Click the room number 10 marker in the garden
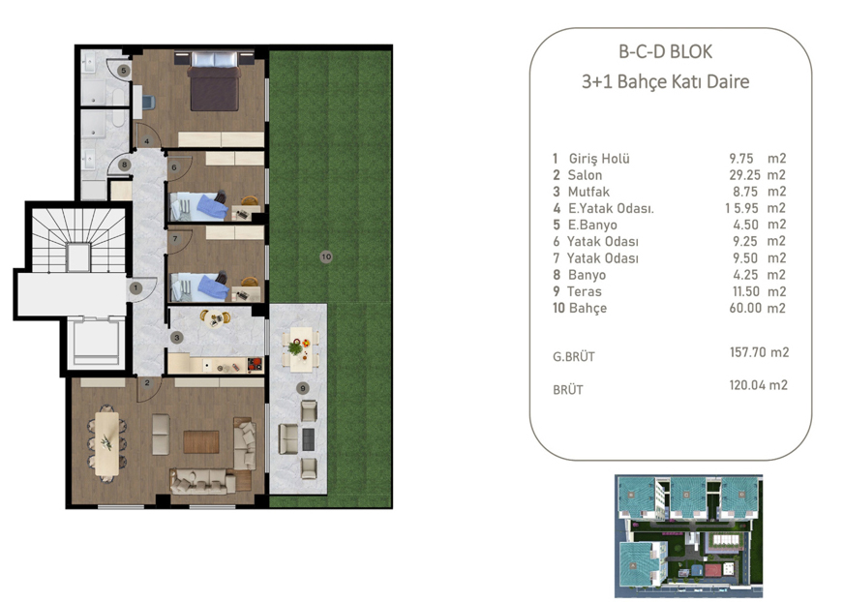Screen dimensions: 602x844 [x=326, y=256]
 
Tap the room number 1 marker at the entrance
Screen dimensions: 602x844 [x=136, y=286]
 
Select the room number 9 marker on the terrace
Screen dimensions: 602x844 [x=303, y=388]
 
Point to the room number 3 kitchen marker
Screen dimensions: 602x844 [x=177, y=337]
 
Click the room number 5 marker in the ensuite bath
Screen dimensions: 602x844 [x=123, y=70]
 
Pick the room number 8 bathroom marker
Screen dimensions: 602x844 [x=124, y=166]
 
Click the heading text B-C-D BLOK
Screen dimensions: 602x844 [x=665, y=52]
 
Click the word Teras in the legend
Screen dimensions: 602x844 [x=584, y=291]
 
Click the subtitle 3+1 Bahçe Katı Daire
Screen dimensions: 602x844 [x=665, y=82]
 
